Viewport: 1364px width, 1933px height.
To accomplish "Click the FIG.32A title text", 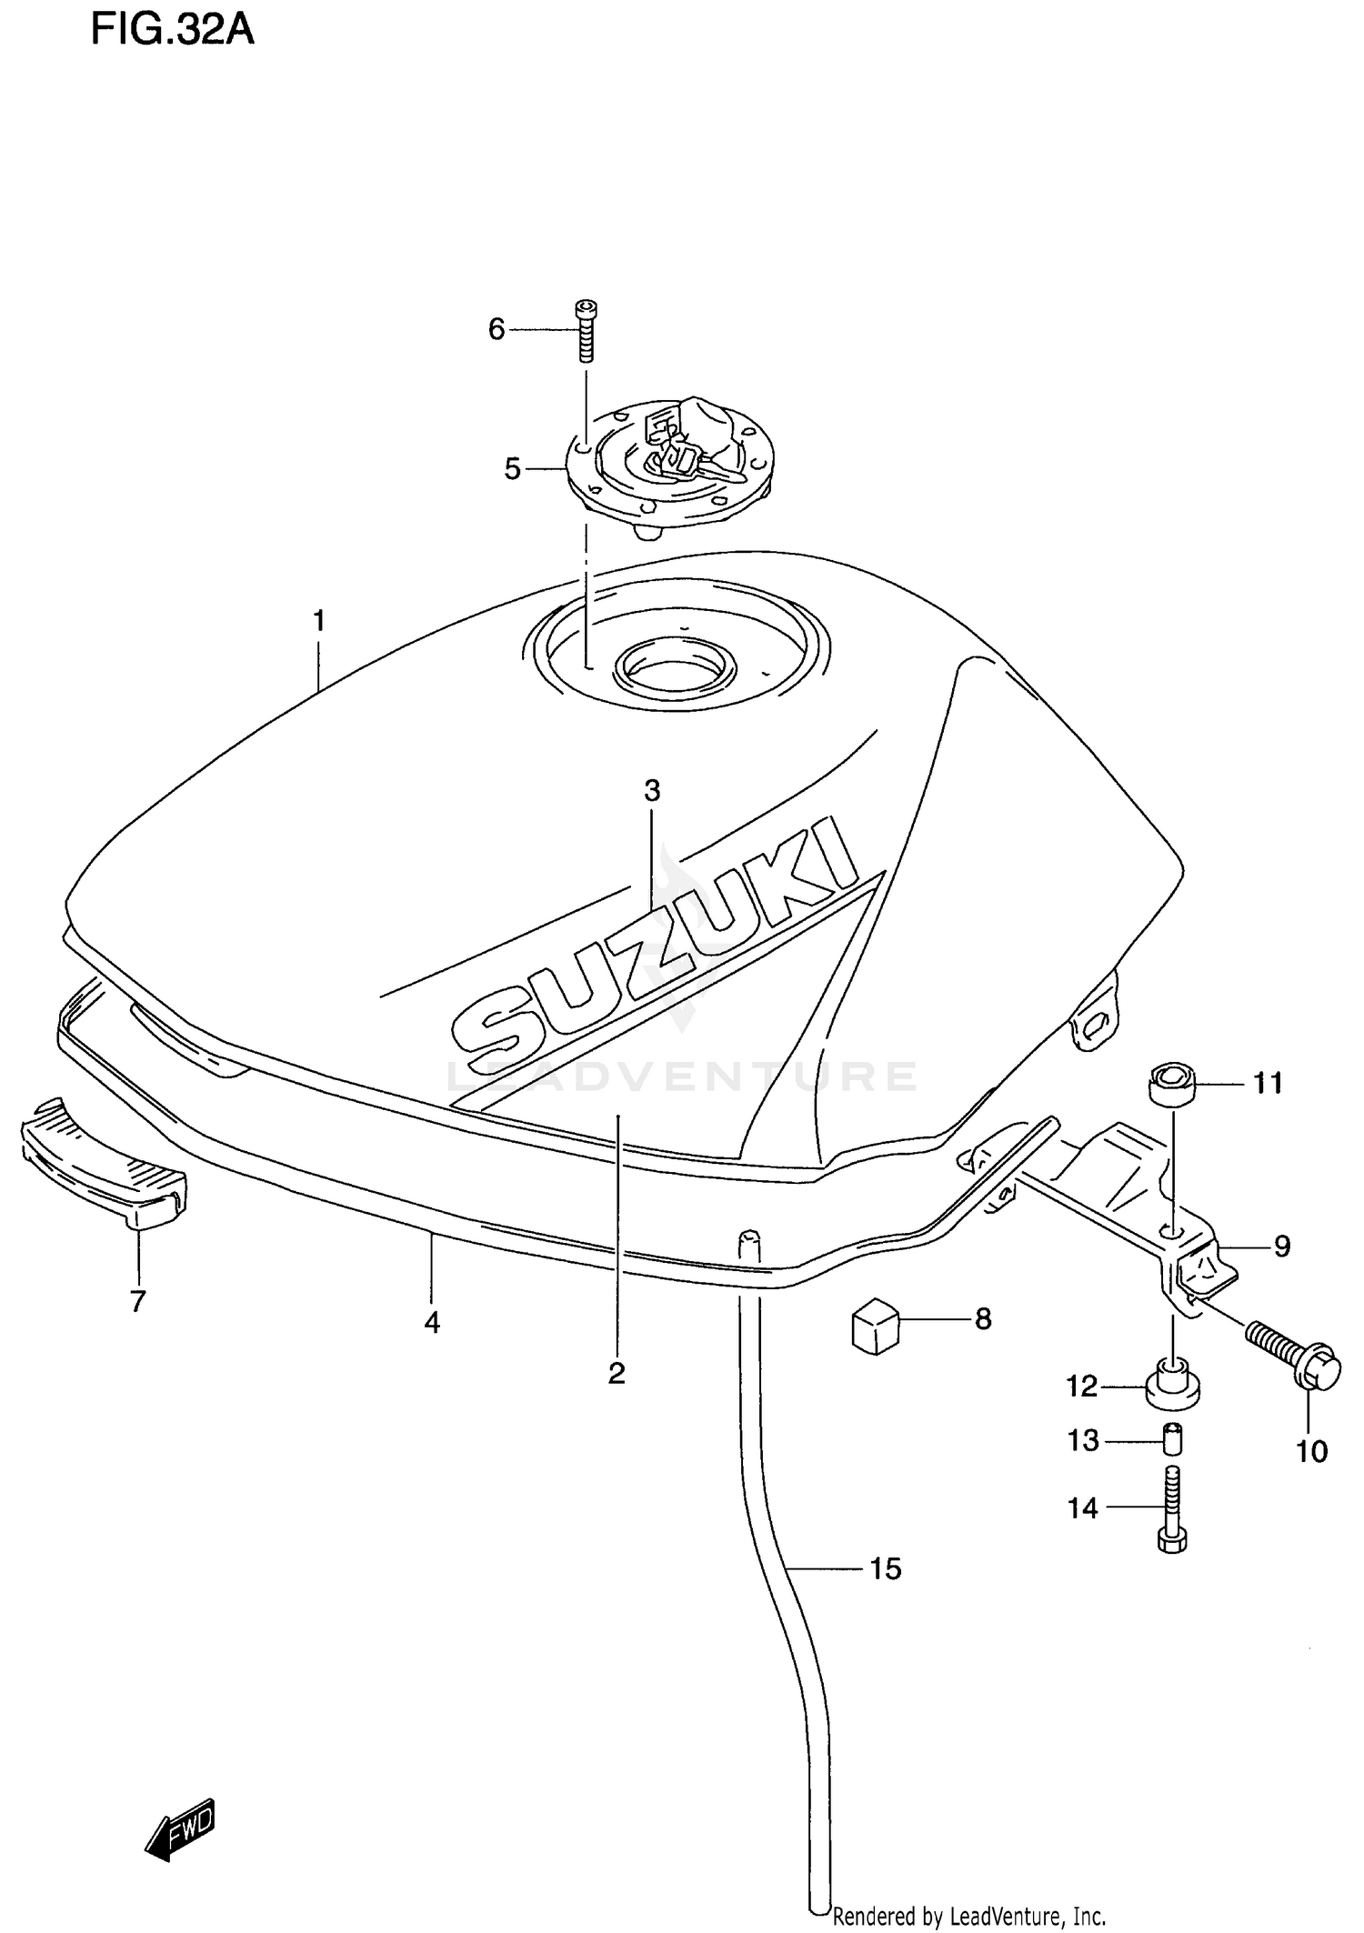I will (172, 31).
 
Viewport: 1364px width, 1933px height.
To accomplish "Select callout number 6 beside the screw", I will (496, 329).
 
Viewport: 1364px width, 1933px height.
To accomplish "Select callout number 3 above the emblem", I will (652, 791).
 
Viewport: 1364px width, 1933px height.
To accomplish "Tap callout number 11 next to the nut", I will (1268, 1083).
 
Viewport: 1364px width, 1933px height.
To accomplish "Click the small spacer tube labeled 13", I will (1173, 1439).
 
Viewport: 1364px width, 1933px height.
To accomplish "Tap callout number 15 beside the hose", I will (885, 1568).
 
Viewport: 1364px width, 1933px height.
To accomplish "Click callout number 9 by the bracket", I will (1281, 1245).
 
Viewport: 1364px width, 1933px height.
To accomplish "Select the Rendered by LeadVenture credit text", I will (969, 1917).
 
